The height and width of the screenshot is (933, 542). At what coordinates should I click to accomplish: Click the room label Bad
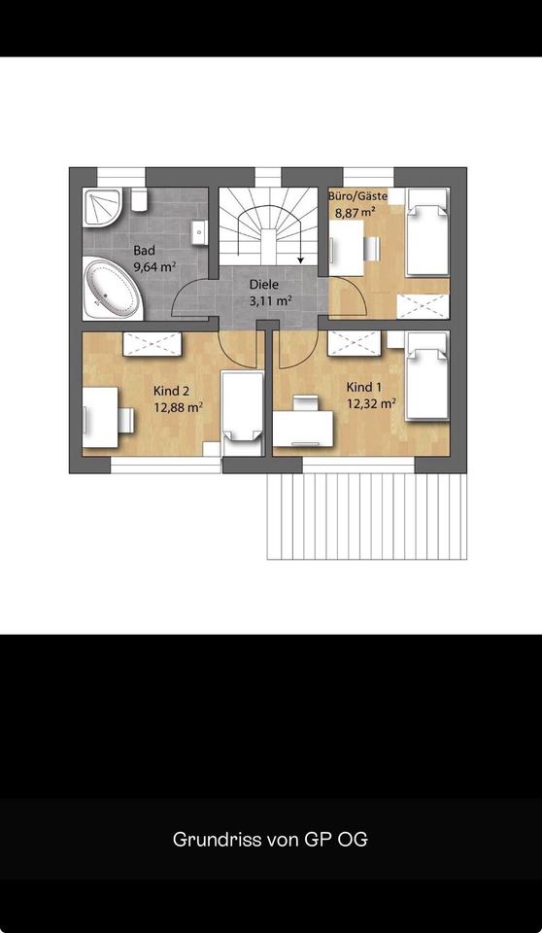click(144, 251)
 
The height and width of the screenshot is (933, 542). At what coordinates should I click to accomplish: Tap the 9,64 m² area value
click(155, 266)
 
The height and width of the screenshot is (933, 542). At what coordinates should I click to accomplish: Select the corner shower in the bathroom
click(104, 207)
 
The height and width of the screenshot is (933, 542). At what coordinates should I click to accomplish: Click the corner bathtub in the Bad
click(113, 289)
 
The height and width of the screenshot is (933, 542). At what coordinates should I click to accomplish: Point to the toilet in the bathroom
click(139, 199)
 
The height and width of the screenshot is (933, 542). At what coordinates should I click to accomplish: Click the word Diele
click(263, 285)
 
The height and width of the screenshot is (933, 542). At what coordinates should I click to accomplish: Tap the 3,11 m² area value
click(270, 300)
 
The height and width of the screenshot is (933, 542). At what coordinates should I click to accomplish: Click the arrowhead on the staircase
click(301, 259)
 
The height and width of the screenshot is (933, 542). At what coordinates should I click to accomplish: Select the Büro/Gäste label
click(357, 195)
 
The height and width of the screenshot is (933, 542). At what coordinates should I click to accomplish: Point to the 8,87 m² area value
click(356, 213)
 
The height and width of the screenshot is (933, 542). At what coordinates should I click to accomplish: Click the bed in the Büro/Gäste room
click(427, 232)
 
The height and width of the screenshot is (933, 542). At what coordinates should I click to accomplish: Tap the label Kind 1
click(364, 388)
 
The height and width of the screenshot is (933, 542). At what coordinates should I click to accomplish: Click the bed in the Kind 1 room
click(426, 377)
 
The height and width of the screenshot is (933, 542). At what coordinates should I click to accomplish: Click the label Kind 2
click(171, 391)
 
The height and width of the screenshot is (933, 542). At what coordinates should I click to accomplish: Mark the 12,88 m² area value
click(179, 407)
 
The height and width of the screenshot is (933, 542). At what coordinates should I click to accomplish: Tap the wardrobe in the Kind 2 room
click(152, 344)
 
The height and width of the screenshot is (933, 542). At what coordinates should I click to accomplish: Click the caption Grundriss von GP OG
click(270, 839)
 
